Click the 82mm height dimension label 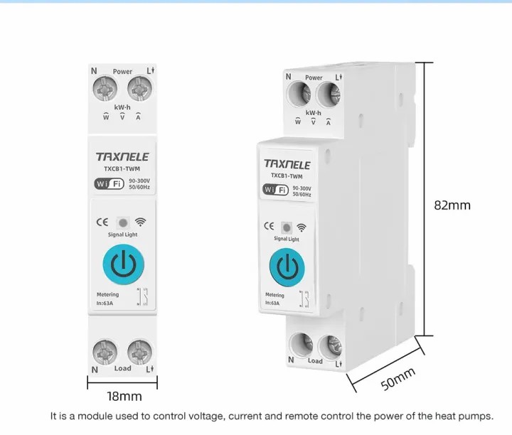(x=452, y=205)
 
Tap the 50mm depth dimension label (x=398, y=379)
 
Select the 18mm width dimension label (x=124, y=397)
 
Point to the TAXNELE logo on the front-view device (x=122, y=156)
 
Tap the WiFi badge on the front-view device (x=110, y=183)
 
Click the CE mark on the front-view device (x=102, y=222)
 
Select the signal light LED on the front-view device (x=123, y=223)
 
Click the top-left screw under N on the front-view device (x=105, y=89)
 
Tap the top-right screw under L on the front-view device (x=140, y=89)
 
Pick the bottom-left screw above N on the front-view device (x=105, y=352)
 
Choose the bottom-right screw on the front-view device (x=140, y=352)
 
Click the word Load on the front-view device (x=123, y=368)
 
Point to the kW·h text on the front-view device (x=122, y=107)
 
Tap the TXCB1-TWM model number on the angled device (x=287, y=176)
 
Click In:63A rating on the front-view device (x=105, y=304)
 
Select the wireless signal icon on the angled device (x=302, y=227)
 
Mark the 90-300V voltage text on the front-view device (x=139, y=181)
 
